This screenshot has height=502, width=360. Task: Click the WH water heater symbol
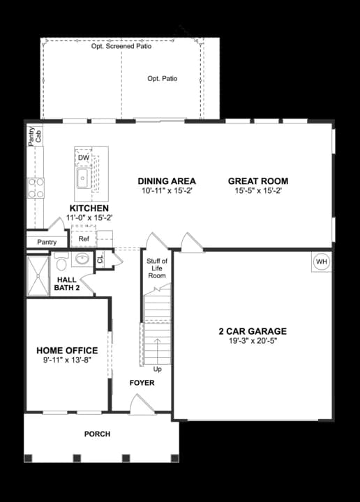pyautogui.click(x=322, y=261)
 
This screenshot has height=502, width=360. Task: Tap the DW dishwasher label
pyautogui.click(x=84, y=158)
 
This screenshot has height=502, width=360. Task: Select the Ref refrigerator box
pyautogui.click(x=84, y=238)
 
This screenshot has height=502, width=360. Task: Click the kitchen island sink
pyautogui.click(x=83, y=179)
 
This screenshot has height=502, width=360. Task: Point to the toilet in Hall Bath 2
pyautogui.click(x=60, y=263)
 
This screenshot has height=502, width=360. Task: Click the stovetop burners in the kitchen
pyautogui.click(x=36, y=188)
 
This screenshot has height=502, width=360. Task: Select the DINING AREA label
pyautogui.click(x=167, y=181)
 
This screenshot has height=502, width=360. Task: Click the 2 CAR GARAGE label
pyautogui.click(x=252, y=331)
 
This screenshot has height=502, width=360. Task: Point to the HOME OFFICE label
pyautogui.click(x=67, y=350)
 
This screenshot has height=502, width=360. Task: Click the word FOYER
pyautogui.click(x=142, y=383)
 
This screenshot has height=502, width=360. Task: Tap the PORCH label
pyautogui.click(x=97, y=434)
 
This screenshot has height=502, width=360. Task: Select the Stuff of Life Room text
pyautogui.click(x=156, y=268)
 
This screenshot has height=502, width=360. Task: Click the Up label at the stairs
pyautogui.click(x=157, y=369)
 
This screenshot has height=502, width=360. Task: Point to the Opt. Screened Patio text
pyautogui.click(x=121, y=47)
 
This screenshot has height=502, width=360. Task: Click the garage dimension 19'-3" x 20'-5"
pyautogui.click(x=252, y=342)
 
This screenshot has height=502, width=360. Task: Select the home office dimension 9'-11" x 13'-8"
pyautogui.click(x=67, y=360)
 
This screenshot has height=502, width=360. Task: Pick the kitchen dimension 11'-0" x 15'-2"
pyautogui.click(x=89, y=218)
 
